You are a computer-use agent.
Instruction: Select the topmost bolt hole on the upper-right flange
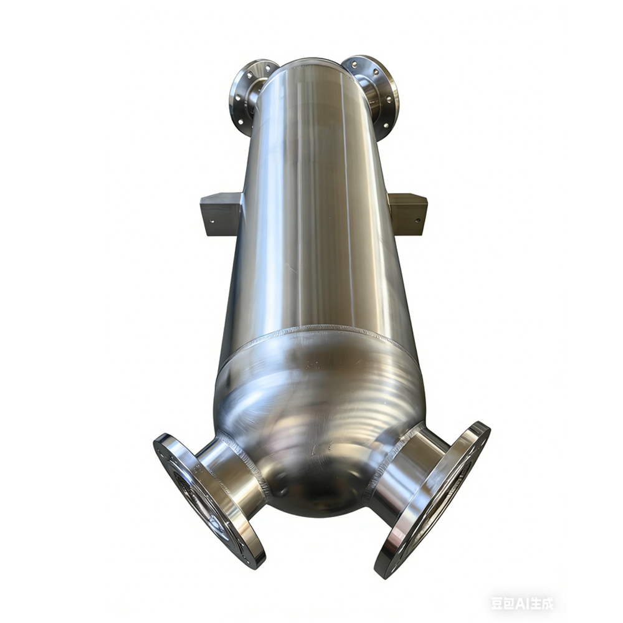354,62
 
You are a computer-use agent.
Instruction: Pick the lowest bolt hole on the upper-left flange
240,122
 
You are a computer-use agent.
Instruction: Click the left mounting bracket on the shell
221,214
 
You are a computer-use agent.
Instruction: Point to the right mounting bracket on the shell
407,214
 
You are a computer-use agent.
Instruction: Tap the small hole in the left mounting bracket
212,221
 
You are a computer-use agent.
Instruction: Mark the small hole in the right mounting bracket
417,220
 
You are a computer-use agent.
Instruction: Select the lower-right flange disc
431,501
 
